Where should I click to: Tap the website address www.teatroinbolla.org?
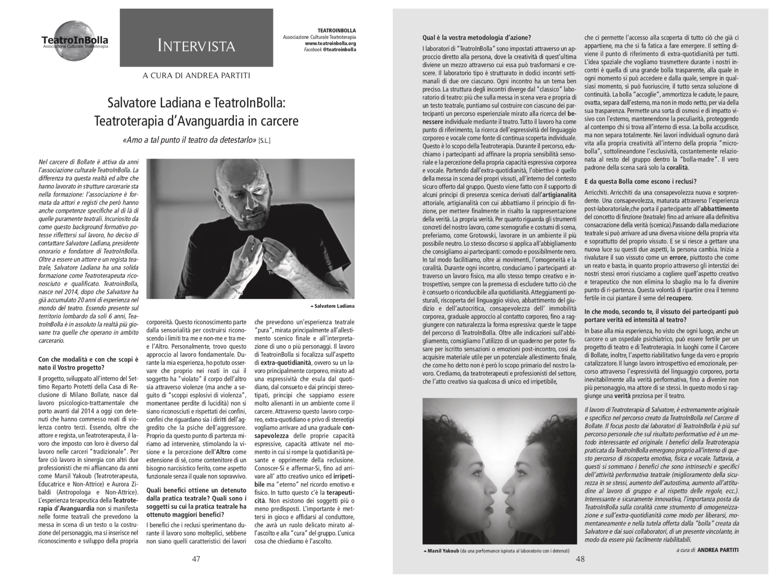click(330, 43)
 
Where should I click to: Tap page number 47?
click(196, 559)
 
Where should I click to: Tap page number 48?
click(580, 559)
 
